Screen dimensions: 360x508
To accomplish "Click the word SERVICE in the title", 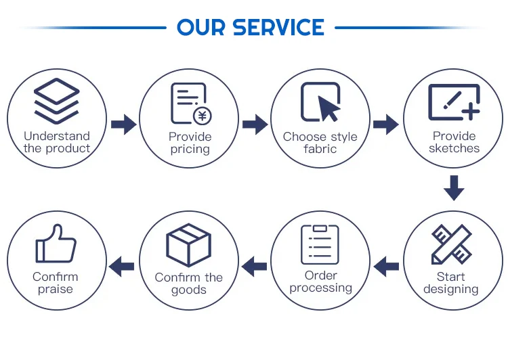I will pos(278,28).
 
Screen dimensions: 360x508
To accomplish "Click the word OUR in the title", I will pos(202,28).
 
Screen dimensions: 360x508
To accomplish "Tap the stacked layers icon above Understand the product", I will pos(56,100).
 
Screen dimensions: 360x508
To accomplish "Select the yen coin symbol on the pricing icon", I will pos(201,116).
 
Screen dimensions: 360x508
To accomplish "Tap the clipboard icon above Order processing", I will pos(320,244).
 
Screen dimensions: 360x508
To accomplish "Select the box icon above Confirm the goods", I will pos(188,244).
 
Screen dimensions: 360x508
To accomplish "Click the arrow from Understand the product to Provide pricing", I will pos(123,125).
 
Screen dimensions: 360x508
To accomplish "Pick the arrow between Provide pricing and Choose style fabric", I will pos(255,125).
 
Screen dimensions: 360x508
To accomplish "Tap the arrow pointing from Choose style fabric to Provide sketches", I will pos(386,125).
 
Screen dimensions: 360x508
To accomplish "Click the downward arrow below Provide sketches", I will pos(454,187).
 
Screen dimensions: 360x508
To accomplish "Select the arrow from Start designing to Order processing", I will pos(386,265).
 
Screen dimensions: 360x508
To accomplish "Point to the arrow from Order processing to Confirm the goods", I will pos(255,265).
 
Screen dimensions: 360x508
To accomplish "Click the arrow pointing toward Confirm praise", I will pos(123,265).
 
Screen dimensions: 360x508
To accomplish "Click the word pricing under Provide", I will pos(190,150).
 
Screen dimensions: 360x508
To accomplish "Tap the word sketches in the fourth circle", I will pos(454,148).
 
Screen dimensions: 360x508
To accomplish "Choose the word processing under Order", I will pos(321,288).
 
